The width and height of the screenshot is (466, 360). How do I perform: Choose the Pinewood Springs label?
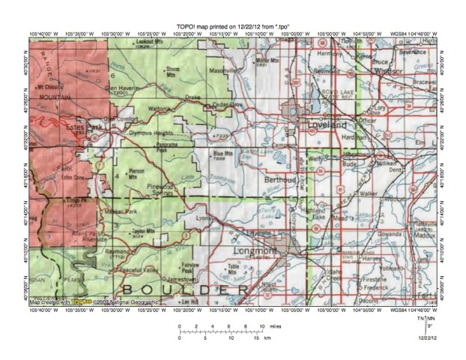pyautogui.click(x=167, y=190)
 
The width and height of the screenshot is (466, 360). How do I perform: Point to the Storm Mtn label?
pyautogui.click(x=173, y=70)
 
